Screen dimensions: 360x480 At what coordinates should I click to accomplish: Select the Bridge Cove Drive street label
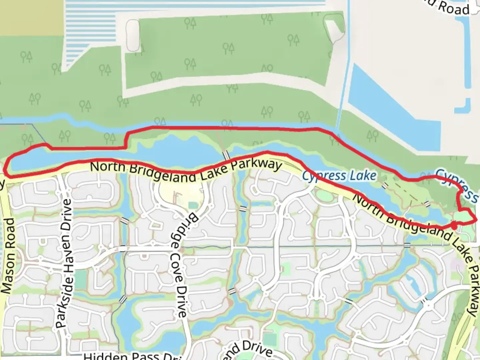click(181, 265)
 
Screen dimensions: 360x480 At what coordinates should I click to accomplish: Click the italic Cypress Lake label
click(339, 176)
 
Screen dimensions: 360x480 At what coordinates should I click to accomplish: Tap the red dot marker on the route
click(454, 226)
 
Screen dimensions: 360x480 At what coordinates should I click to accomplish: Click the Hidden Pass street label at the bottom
click(130, 356)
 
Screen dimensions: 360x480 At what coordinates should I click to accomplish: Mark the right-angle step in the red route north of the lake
click(126, 140)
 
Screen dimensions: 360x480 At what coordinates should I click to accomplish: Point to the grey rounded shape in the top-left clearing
click(133, 35)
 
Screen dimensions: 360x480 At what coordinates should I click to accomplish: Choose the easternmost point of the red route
click(476, 219)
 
